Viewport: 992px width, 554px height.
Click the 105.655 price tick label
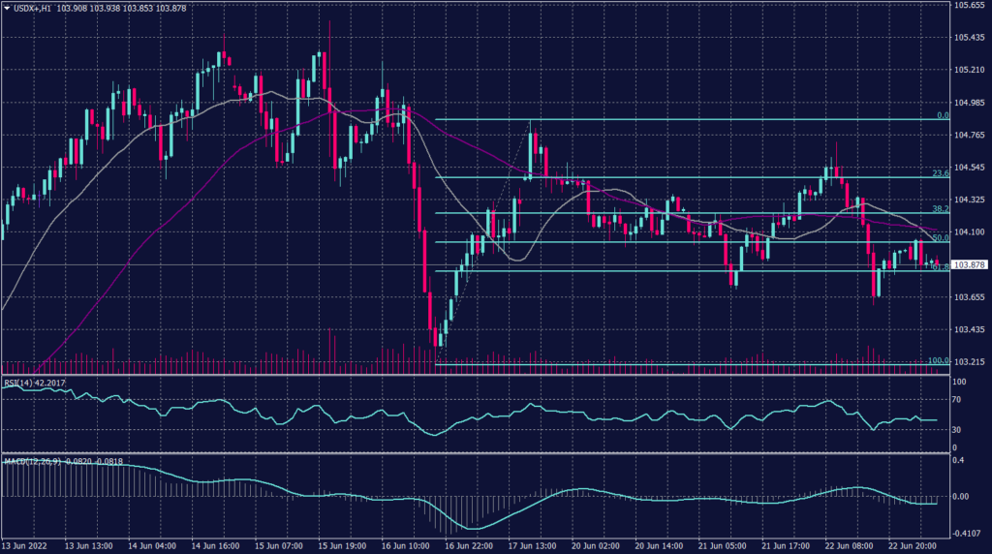(x=970, y=6)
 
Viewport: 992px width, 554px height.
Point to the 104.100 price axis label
(x=970, y=232)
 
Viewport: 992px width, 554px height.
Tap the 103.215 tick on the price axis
(x=970, y=362)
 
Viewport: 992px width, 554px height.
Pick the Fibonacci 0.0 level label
(x=942, y=115)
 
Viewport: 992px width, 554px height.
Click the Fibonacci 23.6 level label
(x=939, y=173)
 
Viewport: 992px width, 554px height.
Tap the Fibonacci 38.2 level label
(x=939, y=208)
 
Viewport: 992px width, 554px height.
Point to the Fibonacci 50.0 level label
(x=939, y=237)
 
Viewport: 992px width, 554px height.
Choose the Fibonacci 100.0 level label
(x=938, y=360)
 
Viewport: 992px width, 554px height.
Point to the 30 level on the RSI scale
(x=956, y=429)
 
